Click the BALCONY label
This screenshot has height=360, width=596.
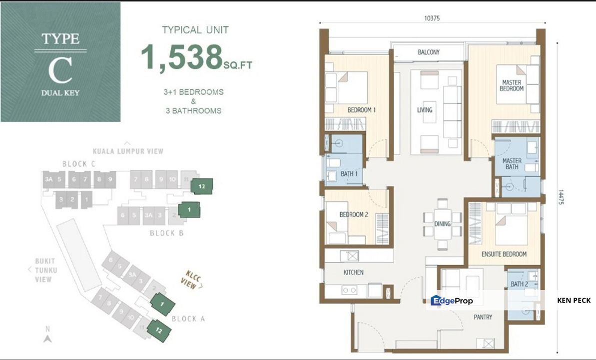tap(429, 52)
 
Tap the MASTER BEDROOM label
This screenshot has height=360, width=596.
tap(512, 85)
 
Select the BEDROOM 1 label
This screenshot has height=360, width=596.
tap(361, 109)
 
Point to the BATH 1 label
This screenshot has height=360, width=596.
tap(349, 173)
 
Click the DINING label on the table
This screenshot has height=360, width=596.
tap(442, 224)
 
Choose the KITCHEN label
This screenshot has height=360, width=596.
tap(353, 272)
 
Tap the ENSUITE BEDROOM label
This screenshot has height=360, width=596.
tap(504, 254)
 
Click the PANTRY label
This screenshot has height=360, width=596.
tap(483, 317)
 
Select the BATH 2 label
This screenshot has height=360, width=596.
tap(519, 284)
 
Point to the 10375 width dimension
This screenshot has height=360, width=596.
tap(432, 18)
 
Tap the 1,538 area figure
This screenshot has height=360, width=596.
tap(181, 57)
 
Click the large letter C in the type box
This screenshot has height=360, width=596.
tap(60, 72)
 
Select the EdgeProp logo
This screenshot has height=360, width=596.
tap(452, 300)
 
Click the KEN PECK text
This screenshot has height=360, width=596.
tap(574, 300)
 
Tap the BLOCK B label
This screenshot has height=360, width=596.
tap(162, 233)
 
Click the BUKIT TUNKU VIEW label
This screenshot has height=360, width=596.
tap(46, 270)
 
